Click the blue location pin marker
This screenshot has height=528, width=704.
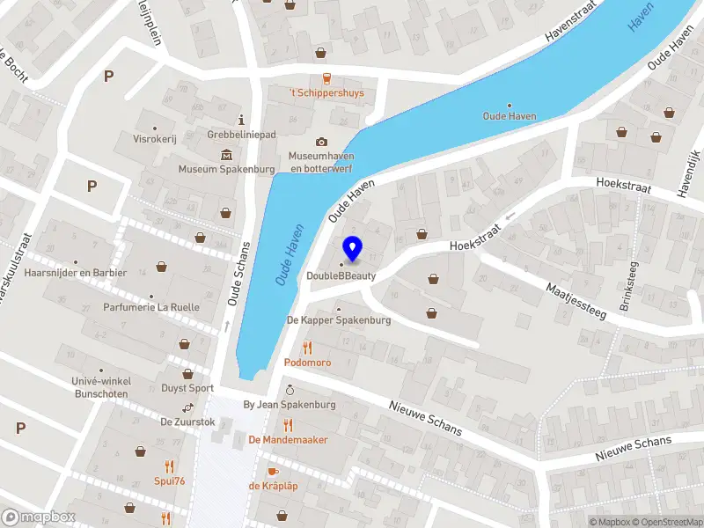coord(353,249)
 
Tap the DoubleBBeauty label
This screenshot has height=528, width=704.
coord(341,276)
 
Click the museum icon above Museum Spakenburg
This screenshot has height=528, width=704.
coord(226,155)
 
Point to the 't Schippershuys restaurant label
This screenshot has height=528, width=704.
coord(327,93)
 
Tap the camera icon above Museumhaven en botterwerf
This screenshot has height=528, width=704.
coord(321,142)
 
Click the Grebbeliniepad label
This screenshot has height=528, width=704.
coord(242,135)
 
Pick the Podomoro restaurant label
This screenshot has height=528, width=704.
coord(307,363)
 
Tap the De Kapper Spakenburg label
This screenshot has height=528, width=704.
coord(339,320)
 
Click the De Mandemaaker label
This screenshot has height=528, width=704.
coord(288,439)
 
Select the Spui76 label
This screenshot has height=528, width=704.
coord(168,480)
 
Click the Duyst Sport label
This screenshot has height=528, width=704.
coord(187,388)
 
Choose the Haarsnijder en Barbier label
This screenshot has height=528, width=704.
coord(76,273)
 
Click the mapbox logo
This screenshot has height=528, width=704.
coord(39,517)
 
